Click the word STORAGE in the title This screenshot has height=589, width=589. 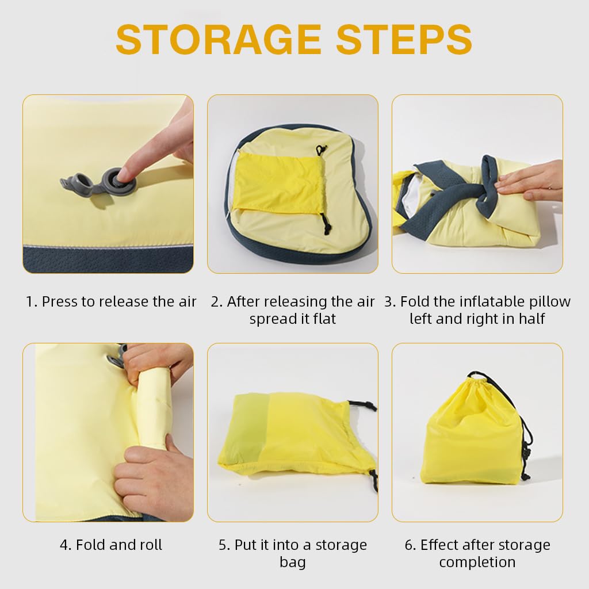coord(219,39)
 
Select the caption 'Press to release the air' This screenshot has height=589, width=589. coord(119,301)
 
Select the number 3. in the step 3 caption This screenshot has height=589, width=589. coord(390,301)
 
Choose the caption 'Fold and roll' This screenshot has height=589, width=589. coord(111,545)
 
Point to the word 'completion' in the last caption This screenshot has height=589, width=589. coord(477,562)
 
